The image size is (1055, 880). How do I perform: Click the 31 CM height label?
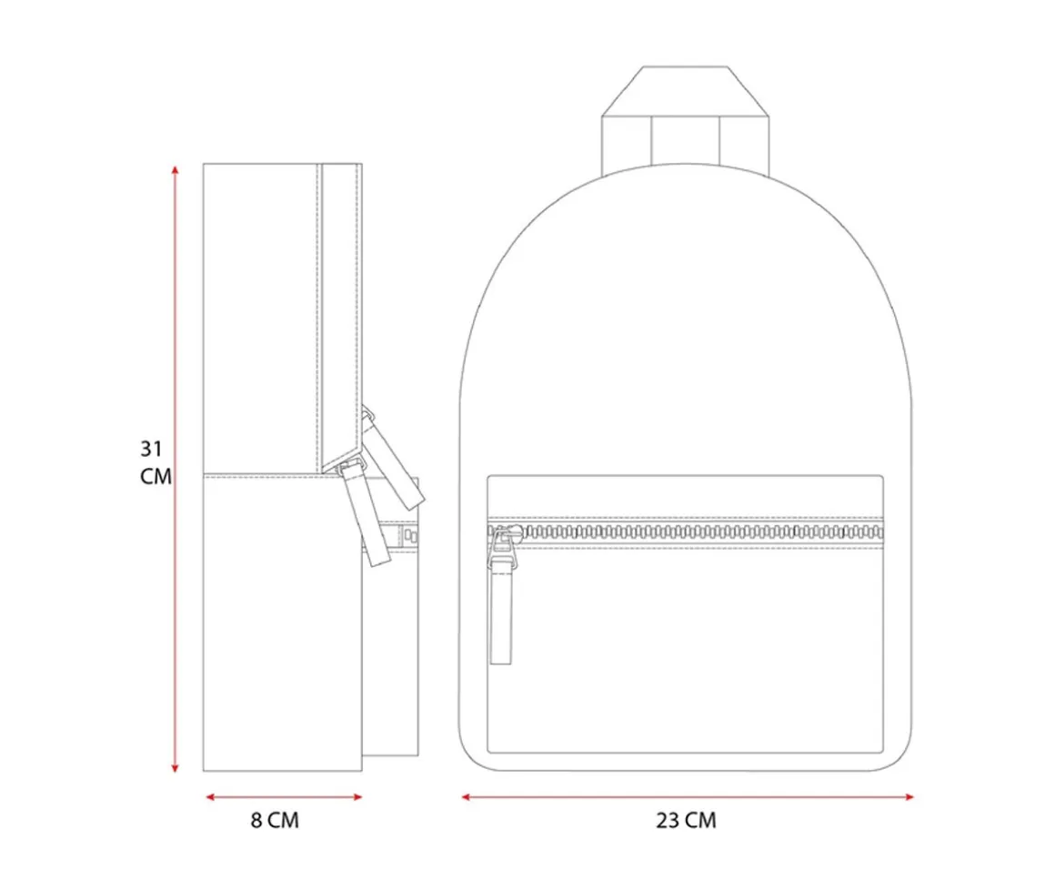pos(156,462)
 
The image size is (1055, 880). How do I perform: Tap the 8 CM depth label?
pos(275,820)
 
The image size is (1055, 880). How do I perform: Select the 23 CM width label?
pos(687,820)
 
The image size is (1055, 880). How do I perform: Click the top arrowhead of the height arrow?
pos(175,169)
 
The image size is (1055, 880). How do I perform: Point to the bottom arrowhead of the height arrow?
pos(175,767)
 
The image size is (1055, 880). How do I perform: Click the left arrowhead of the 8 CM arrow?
pos(210,797)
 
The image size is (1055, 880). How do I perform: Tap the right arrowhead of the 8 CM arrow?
pos(358,797)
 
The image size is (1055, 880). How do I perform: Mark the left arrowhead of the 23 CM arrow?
pos(466,797)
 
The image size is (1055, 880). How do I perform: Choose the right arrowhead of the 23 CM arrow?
pos(909,797)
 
